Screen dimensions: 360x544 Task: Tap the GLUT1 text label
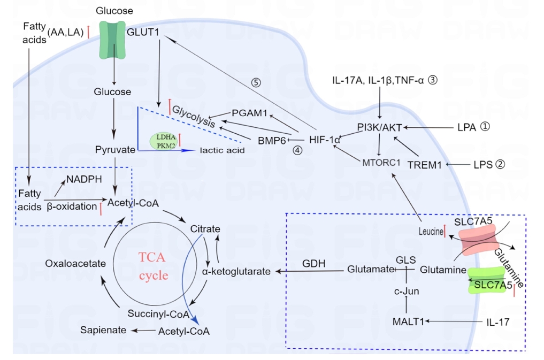(x=143, y=32)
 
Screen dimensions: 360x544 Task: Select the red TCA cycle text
(x=154, y=266)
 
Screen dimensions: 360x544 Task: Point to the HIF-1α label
(x=325, y=140)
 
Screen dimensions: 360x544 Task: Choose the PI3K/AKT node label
(x=379, y=127)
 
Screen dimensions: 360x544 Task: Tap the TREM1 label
(x=424, y=165)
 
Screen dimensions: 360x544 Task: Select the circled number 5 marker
(x=257, y=83)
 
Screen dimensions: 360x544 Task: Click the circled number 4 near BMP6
(x=297, y=150)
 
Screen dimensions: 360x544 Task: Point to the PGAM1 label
(x=249, y=113)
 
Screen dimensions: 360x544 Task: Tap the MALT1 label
(x=408, y=321)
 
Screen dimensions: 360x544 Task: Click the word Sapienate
(x=103, y=330)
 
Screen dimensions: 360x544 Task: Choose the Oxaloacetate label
(x=72, y=263)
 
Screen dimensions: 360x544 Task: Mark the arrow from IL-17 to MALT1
(x=454, y=321)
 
